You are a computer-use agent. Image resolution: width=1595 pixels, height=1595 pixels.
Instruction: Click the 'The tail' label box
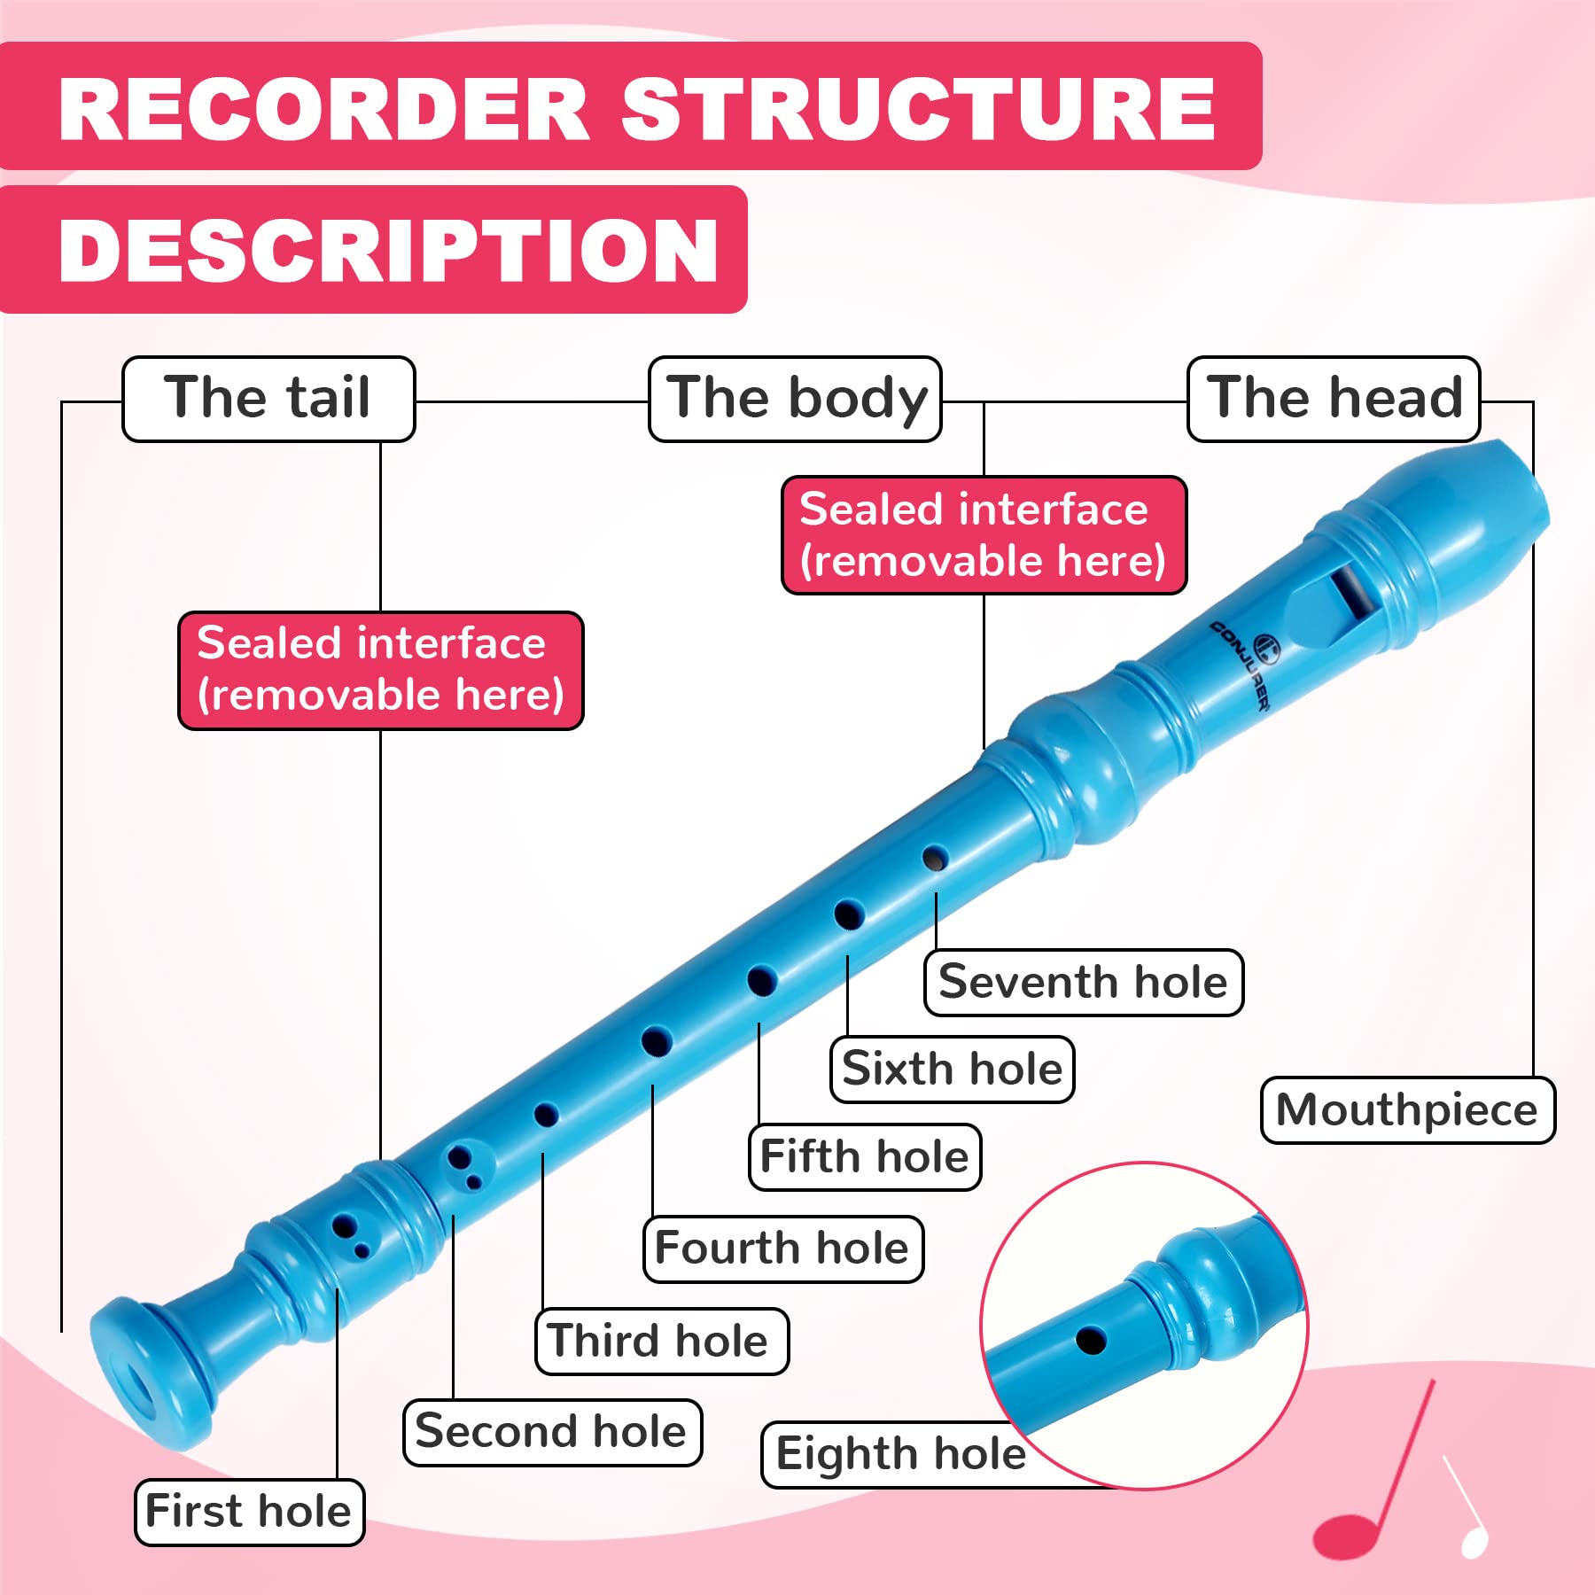[x=268, y=399]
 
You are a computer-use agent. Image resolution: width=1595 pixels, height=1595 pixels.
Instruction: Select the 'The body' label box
[x=795, y=399]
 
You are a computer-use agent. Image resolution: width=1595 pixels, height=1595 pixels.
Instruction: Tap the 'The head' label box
[x=1334, y=399]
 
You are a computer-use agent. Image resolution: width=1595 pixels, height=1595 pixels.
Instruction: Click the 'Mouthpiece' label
[x=1408, y=1110]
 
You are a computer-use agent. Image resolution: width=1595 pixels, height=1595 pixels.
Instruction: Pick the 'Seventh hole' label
[x=1084, y=983]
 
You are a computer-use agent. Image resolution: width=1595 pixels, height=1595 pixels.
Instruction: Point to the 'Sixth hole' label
[x=953, y=1070]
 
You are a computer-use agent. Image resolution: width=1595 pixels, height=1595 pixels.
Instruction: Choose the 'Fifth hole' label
[x=865, y=1157]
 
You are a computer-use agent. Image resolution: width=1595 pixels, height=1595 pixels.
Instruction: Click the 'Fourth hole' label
[x=783, y=1249]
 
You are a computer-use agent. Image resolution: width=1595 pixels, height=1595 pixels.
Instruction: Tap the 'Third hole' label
[x=662, y=1342]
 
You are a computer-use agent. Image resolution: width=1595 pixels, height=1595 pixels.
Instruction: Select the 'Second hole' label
[x=553, y=1433]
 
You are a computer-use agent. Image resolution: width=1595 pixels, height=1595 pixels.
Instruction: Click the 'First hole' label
[x=250, y=1513]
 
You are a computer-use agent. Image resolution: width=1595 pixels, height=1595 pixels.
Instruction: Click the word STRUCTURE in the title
[x=918, y=110]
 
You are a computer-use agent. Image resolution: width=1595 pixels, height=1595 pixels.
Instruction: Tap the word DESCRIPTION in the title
[x=388, y=251]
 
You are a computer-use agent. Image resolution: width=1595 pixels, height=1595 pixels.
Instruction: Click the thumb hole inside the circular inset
[x=1091, y=1340]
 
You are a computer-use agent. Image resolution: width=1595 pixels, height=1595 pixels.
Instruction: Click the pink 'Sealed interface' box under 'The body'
[x=984, y=535]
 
